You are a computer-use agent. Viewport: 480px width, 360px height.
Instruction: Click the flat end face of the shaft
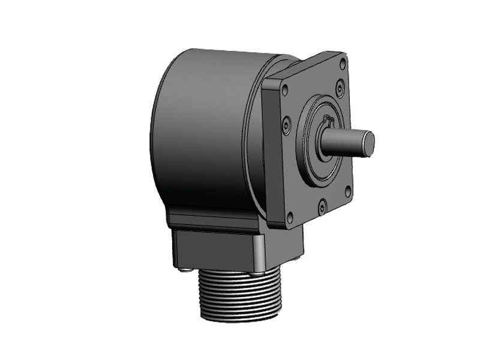click(x=368, y=143)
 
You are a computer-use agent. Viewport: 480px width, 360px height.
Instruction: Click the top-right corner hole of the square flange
click(x=343, y=62)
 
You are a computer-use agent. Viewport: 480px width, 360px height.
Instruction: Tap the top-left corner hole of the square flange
click(x=284, y=90)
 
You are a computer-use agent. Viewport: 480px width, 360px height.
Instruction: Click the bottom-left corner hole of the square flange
click(x=290, y=217)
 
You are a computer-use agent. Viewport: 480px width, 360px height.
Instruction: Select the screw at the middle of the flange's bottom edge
click(x=322, y=207)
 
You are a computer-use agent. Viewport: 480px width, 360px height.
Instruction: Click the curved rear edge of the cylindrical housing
click(x=154, y=138)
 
